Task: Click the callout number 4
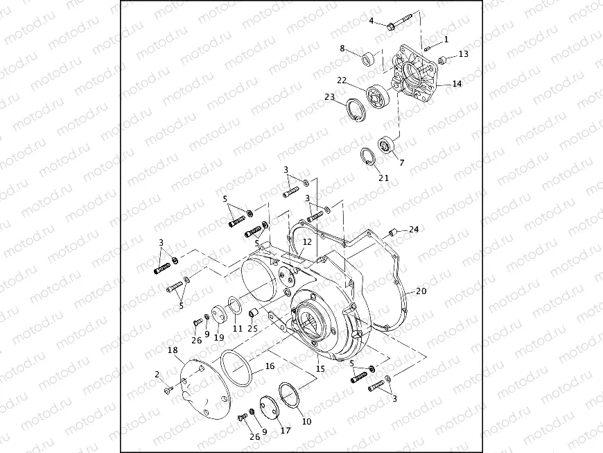(x=372, y=21)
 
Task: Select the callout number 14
(x=457, y=84)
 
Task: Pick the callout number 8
(x=342, y=48)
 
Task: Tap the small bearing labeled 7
(x=387, y=146)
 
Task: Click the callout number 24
(x=414, y=228)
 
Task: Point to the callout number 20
(x=421, y=291)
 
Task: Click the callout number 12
(x=307, y=241)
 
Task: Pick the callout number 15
(x=320, y=369)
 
